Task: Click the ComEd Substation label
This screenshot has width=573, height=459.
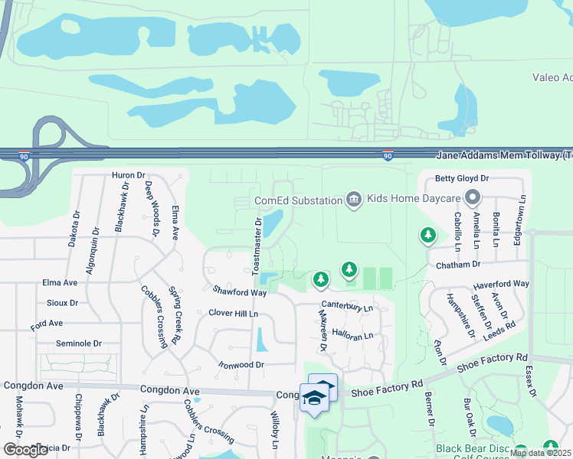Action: pyautogui.click(x=298, y=200)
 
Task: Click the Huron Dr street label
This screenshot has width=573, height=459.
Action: pyautogui.click(x=128, y=175)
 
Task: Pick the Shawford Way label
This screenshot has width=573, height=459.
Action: pyautogui.click(x=240, y=291)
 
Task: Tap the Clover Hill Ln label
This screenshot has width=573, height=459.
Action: pyautogui.click(x=234, y=313)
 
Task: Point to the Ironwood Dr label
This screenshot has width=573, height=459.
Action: pyautogui.click(x=241, y=365)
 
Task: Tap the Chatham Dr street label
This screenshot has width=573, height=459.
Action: pyautogui.click(x=457, y=265)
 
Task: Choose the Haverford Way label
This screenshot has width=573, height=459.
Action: pyautogui.click(x=502, y=284)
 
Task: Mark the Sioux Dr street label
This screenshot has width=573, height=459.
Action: pyautogui.click(x=63, y=303)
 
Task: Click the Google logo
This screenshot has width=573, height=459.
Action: pyautogui.click(x=25, y=449)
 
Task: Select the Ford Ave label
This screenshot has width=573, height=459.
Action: pyautogui.click(x=47, y=324)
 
